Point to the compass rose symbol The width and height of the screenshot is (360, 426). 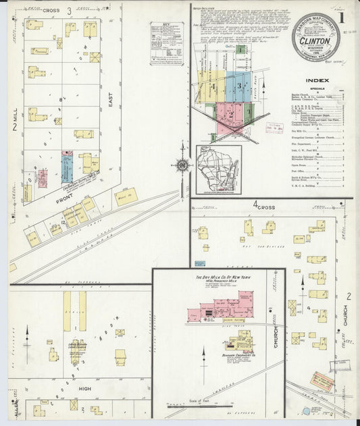182,164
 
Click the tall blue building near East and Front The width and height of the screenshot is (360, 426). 67,167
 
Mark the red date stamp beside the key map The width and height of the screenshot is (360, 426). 274,126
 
